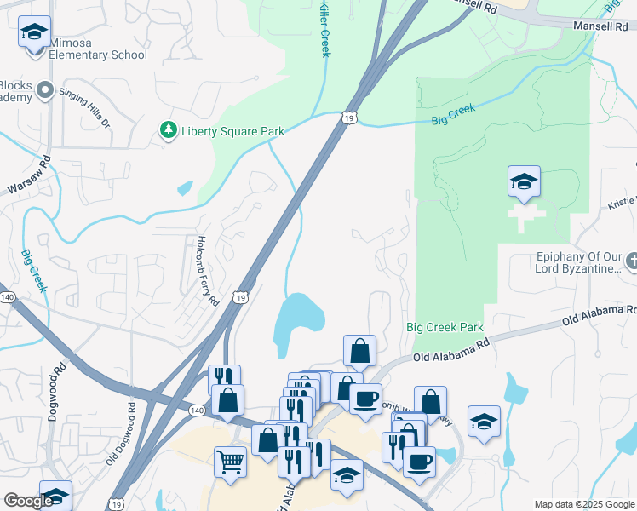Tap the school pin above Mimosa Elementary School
point(34,33)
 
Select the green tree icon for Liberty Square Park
point(169,130)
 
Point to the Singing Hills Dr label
point(95,111)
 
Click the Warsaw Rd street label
point(31,174)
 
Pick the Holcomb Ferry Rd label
point(206,271)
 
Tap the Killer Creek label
point(324,30)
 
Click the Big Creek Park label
point(445,327)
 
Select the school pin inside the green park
point(524,182)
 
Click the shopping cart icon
point(231,463)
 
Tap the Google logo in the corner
point(28,501)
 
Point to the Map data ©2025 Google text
point(582,504)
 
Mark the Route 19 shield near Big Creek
point(348,117)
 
